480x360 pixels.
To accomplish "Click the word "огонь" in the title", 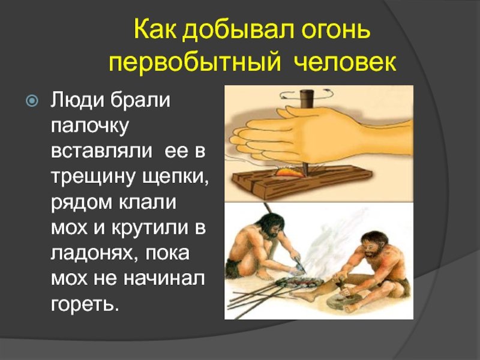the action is pyautogui.click(x=336, y=31).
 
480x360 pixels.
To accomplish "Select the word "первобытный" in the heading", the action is pyautogui.click(x=194, y=62).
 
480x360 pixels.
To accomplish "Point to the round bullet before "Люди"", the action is pyautogui.click(x=32, y=100).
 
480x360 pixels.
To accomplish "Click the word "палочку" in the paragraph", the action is pyautogui.click(x=89, y=127).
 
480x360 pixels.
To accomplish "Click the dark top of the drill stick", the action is pyautogui.click(x=306, y=98).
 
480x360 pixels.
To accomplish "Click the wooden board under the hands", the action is pyautogui.click(x=302, y=182).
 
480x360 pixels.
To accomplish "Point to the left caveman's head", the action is pyautogui.click(x=271, y=226).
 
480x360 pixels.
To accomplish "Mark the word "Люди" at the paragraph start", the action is pyautogui.click(x=76, y=100).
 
